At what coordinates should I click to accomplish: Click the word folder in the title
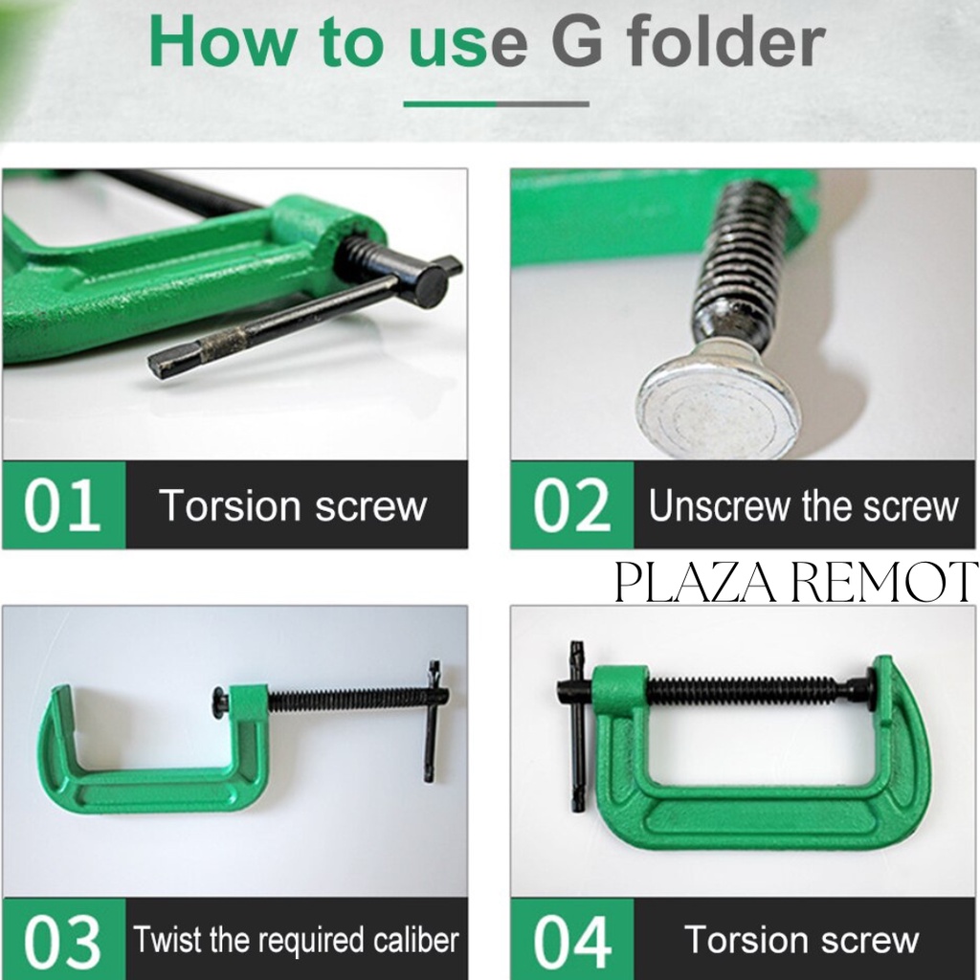725,40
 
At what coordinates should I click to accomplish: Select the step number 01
62,505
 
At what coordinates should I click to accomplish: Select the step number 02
571,505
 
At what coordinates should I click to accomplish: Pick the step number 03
62,941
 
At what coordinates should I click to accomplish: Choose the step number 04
571,941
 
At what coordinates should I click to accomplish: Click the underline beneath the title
497,103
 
